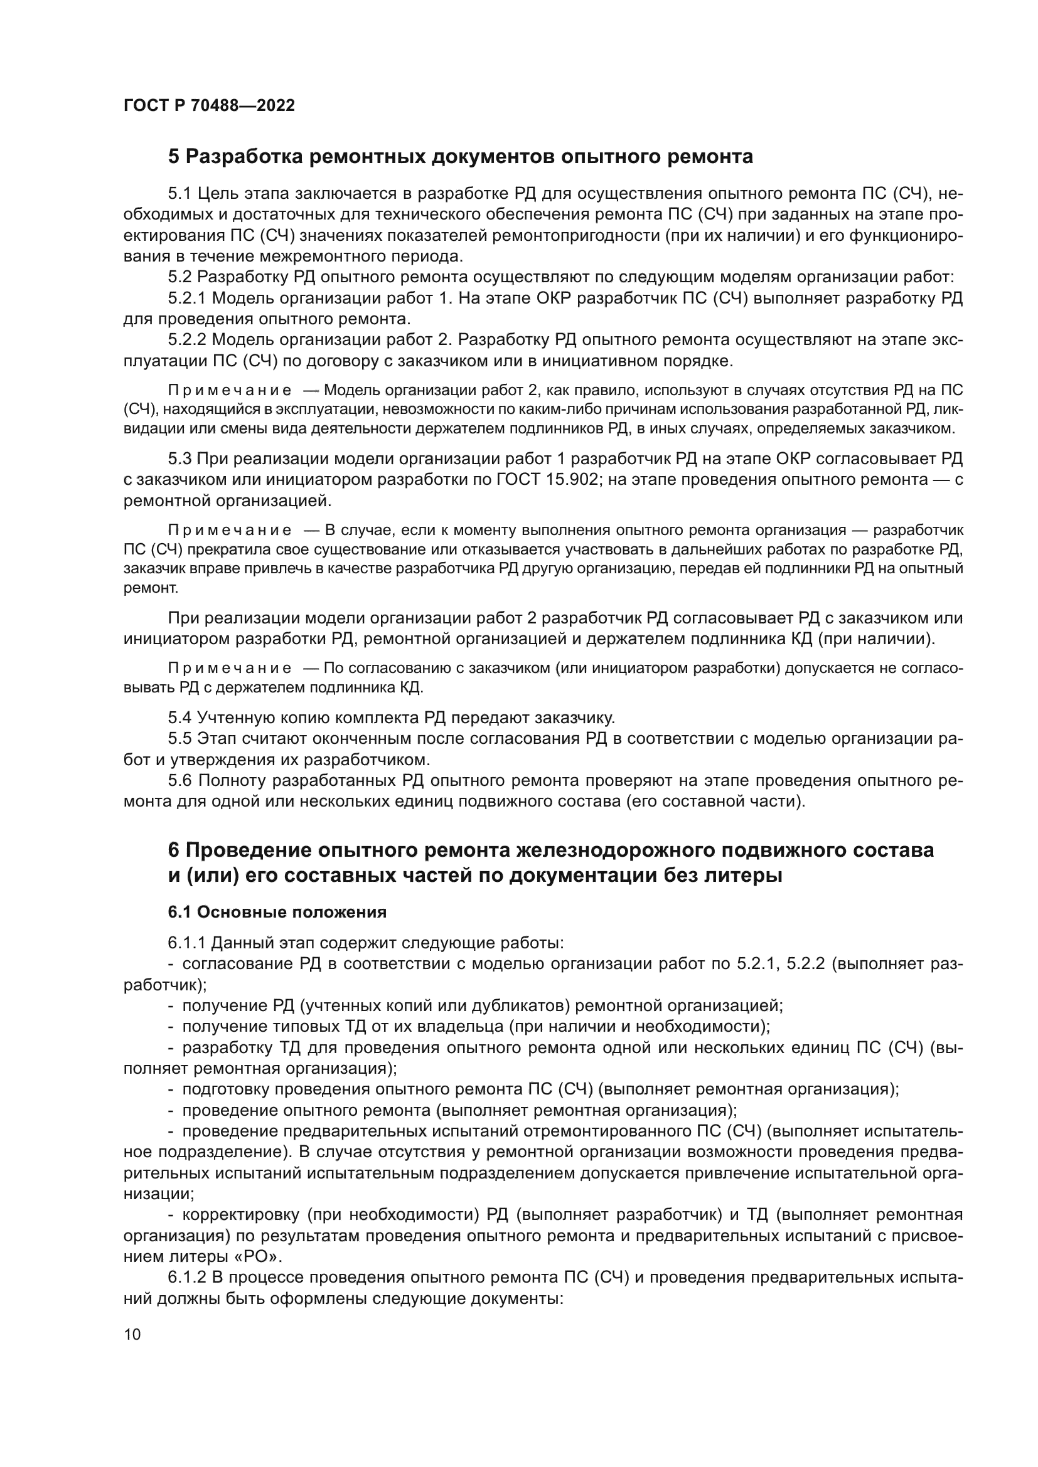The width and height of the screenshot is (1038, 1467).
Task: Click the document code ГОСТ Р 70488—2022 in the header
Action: (209, 106)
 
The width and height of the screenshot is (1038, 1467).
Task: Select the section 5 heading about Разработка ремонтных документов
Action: (460, 157)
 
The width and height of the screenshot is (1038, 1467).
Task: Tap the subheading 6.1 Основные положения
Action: (277, 913)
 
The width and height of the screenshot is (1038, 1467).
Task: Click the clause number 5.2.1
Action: (188, 299)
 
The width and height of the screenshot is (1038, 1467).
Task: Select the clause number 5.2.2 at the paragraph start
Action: (188, 340)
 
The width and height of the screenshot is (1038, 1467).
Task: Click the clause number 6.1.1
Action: (188, 943)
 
